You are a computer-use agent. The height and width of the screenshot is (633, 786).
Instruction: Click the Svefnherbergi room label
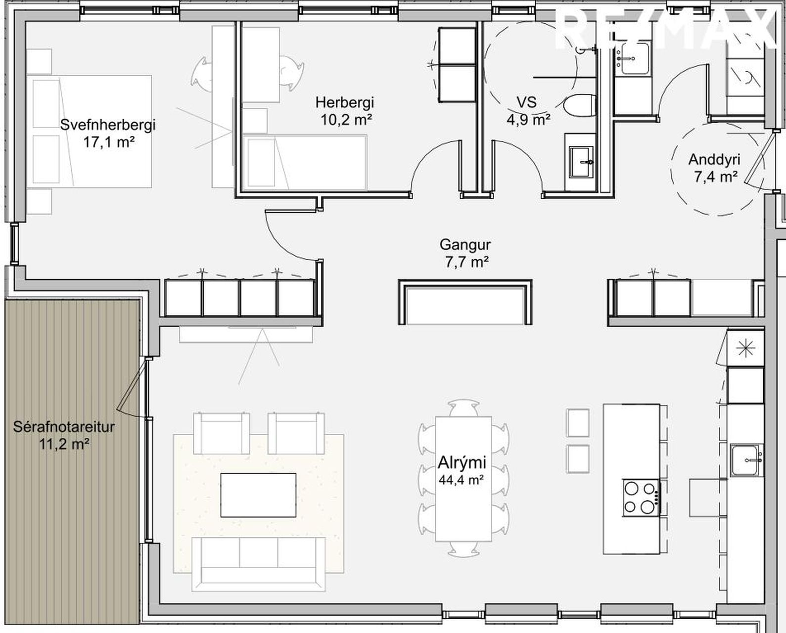108,125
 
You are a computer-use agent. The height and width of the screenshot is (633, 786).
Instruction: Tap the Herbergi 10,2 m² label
345,111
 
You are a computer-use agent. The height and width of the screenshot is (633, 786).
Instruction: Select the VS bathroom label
527,102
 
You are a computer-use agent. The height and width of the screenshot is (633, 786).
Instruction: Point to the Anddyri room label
714,160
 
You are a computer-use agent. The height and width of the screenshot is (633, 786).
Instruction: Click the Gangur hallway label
465,245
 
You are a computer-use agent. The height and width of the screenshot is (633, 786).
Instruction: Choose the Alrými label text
462,463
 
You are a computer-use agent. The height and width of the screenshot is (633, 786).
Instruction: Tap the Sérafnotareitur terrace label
64,427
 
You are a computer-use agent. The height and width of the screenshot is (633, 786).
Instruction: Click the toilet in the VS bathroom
580,105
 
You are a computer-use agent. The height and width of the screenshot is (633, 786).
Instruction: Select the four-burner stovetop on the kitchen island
642,498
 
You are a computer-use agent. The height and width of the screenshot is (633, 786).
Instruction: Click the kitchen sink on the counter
746,460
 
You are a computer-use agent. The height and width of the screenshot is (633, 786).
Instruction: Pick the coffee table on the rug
258,495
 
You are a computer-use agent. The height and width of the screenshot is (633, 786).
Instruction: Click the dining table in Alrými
463,479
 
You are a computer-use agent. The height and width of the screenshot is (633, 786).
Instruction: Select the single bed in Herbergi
305,163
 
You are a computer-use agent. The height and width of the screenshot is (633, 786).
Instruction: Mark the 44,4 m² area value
462,479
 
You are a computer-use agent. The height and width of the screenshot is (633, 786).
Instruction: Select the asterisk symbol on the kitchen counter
746,349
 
